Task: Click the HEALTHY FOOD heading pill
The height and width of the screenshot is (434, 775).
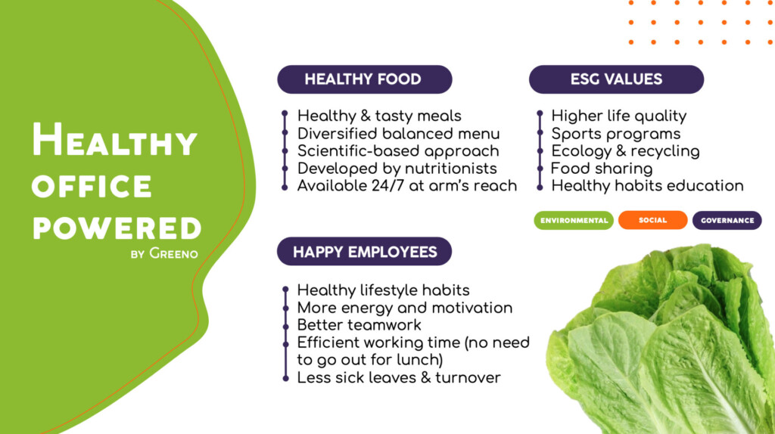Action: pos(365,79)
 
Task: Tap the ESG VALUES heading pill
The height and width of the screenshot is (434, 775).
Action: pos(616,79)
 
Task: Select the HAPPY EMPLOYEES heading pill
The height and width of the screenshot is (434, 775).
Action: pos(364,251)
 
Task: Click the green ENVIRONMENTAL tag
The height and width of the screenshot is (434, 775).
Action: pos(574,220)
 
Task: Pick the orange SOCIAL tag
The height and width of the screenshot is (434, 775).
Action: pos(653,220)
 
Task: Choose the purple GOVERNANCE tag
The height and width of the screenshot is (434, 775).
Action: pos(727,220)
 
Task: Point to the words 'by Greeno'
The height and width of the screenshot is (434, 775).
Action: pos(164,254)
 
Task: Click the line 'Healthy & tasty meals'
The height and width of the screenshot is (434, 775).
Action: pos(379,116)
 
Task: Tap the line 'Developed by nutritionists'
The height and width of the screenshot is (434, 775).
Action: pos(397,169)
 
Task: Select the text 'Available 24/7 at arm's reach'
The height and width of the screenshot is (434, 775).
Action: pos(406,186)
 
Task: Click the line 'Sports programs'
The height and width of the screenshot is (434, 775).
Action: pos(616,134)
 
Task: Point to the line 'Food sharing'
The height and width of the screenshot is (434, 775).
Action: pos(602,169)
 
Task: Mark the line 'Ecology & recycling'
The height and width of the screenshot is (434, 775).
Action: pos(625,151)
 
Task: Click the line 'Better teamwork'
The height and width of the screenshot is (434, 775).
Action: pos(359,325)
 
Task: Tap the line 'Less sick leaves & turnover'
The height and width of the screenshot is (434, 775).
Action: pos(399,378)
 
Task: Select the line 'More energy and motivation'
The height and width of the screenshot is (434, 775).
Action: pos(405,308)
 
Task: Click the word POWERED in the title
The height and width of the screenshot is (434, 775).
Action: pos(117,228)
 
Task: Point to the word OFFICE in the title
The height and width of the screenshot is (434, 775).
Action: pos(92,186)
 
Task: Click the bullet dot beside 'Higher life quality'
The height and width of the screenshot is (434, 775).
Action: pos(540,113)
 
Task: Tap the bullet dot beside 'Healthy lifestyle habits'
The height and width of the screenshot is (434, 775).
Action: pos(285,289)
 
